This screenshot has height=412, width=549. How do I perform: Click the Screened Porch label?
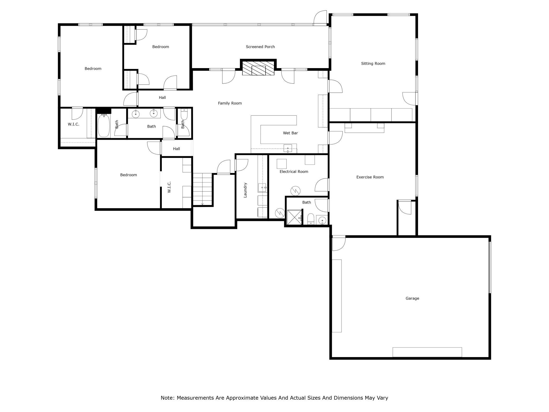tap(260, 47)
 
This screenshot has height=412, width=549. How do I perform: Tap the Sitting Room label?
tap(373, 63)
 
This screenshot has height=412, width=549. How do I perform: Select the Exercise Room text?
tap(370, 177)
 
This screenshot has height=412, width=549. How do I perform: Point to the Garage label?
tap(412, 298)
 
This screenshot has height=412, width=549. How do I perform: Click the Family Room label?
tap(230, 103)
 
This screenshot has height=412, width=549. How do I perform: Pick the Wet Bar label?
tap(290, 133)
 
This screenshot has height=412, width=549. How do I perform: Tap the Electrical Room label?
tap(294, 171)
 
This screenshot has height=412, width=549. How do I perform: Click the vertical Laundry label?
tap(245, 190)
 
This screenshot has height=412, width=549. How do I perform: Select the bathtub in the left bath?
tap(104, 126)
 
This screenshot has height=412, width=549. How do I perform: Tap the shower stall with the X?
tap(294, 217)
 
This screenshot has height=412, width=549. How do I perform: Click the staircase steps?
tap(202, 189)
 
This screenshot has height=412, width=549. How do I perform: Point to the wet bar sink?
tap(288, 148)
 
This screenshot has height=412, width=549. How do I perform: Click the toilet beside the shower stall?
tap(311, 219)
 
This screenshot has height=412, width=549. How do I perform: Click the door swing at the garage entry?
tap(339, 244)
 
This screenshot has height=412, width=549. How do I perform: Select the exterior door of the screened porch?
tap(320, 18)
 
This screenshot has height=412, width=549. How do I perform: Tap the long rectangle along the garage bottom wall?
tap(427, 352)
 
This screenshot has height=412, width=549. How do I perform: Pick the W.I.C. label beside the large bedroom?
tap(73, 124)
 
